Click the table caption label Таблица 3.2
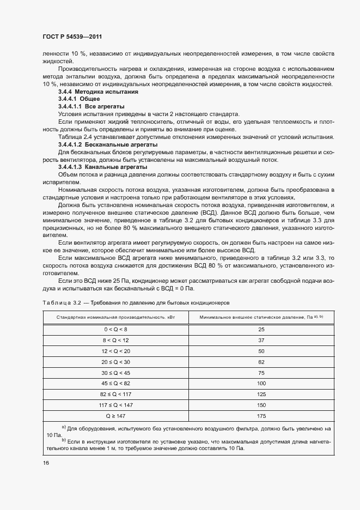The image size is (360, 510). pos(62,301)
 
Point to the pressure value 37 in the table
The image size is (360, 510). pos(261,341)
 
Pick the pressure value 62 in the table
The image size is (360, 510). pos(261,362)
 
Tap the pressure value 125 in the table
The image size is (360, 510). pos(261,394)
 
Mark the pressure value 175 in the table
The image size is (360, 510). pos(261,416)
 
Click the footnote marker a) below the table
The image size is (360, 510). pos(63,428)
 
